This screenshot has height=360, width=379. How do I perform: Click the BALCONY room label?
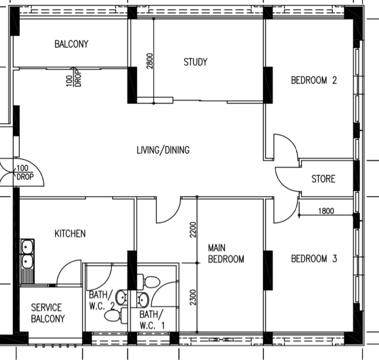[72, 44]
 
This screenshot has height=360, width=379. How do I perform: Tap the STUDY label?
[196, 62]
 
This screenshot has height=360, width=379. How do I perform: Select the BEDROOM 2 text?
[314, 80]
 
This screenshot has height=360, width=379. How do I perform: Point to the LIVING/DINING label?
[163, 150]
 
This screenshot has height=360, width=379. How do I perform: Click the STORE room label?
[324, 179]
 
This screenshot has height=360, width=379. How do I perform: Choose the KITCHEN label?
[70, 234]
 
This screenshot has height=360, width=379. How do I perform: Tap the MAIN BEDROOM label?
[226, 253]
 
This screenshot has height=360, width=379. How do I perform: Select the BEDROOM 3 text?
[314, 259]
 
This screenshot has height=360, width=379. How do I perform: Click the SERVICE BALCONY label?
[48, 313]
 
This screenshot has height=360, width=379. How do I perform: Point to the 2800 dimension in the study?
[150, 61]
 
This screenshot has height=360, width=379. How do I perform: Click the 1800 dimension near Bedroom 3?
[326, 211]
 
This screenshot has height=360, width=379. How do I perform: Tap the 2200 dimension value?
[193, 230]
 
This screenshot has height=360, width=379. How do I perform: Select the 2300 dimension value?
[193, 297]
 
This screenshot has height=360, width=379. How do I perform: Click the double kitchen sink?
[27, 261]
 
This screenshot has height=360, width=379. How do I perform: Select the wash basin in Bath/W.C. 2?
[121, 297]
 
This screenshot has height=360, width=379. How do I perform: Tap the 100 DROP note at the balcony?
[74, 77]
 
